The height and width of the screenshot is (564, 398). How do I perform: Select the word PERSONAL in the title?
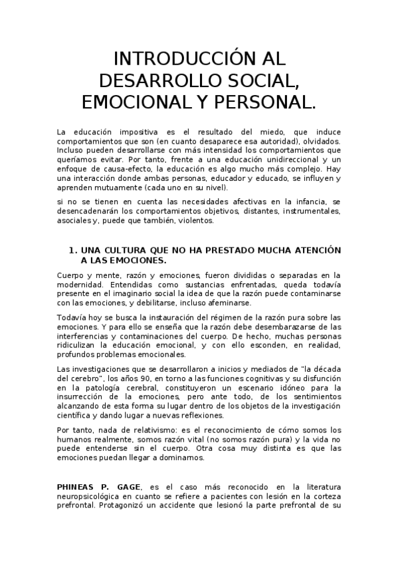coord(262,103)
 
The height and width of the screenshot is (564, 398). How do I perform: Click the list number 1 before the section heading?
coord(72,250)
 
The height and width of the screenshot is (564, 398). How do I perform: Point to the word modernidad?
coord(78,284)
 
